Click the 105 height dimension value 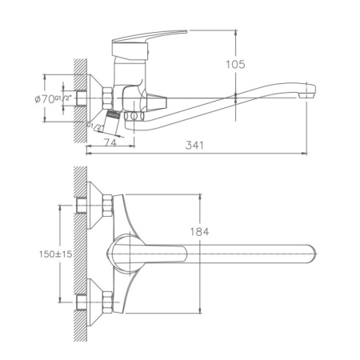click(234, 64)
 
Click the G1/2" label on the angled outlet click(99, 126)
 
